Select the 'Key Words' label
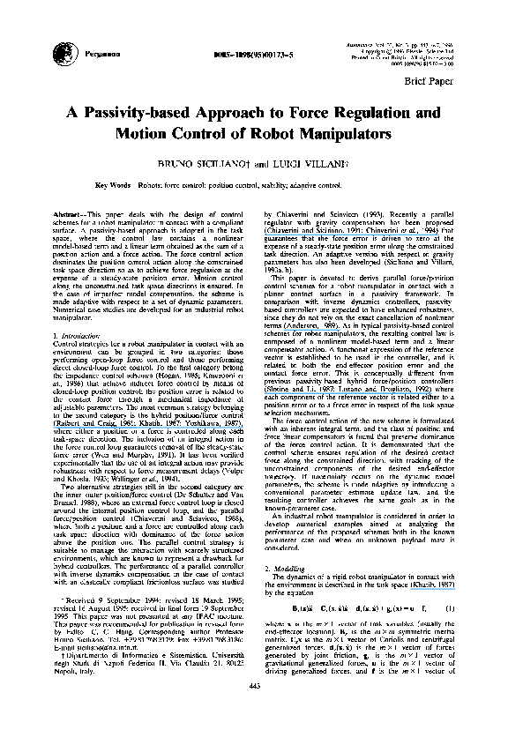click(x=113, y=186)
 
